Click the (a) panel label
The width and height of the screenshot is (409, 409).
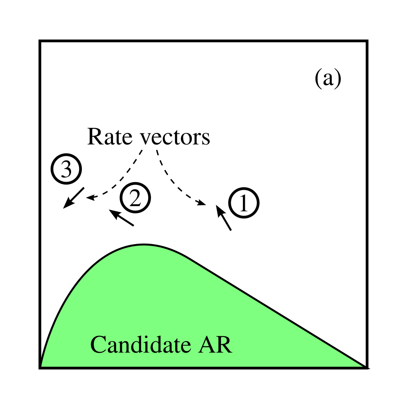(x=328, y=78)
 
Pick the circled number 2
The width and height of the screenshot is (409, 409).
(x=136, y=197)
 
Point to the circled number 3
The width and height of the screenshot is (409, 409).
(x=66, y=170)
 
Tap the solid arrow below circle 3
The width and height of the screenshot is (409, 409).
(x=74, y=198)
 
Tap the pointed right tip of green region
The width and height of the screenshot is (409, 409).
(x=364, y=365)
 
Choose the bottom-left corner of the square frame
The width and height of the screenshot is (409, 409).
(x=40, y=368)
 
